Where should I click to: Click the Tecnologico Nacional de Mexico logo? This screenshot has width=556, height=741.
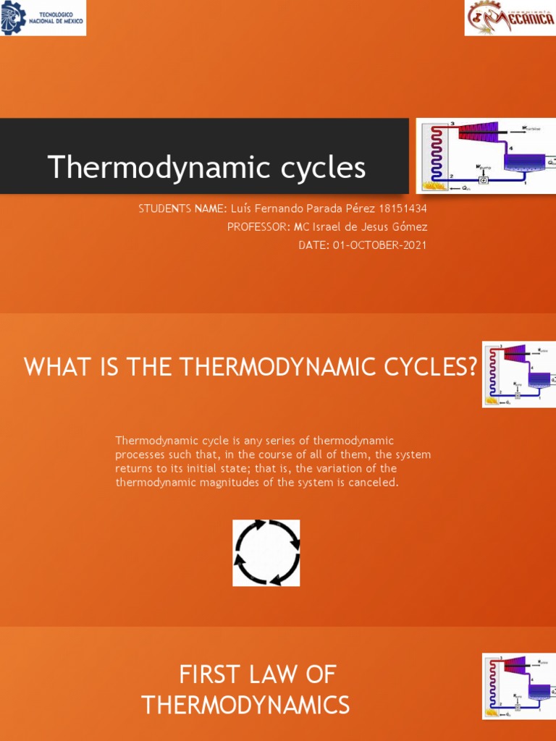coord(43,17)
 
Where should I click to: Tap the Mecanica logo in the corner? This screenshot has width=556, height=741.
coord(510,17)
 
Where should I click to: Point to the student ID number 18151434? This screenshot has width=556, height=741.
coord(403,208)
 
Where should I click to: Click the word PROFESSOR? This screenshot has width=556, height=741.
coord(257,226)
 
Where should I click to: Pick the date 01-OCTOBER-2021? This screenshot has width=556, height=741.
coord(379,245)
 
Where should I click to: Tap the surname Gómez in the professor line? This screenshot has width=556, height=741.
coord(410,226)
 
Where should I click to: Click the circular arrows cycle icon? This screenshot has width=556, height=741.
coord(266,552)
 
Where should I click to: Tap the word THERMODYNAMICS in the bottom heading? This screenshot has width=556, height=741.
coord(245,704)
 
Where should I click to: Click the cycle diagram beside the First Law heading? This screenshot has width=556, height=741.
coord(518,686)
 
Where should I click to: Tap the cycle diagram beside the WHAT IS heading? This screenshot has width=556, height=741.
coord(518,374)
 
